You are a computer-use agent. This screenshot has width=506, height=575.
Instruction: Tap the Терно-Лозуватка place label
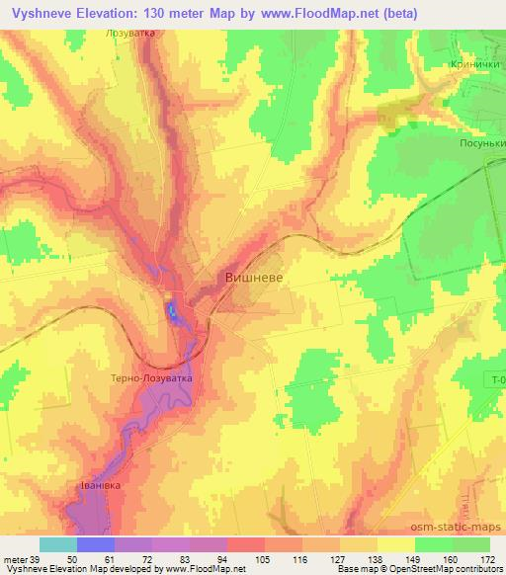(152, 377)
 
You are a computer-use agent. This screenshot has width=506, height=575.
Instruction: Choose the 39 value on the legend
(36, 559)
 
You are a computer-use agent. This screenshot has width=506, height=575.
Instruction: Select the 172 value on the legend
(489, 559)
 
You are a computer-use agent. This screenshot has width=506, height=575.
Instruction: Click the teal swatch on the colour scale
(57, 544)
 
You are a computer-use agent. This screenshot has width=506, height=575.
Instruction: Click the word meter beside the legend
(15, 559)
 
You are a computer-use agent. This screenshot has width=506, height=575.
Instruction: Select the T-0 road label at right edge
(496, 379)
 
